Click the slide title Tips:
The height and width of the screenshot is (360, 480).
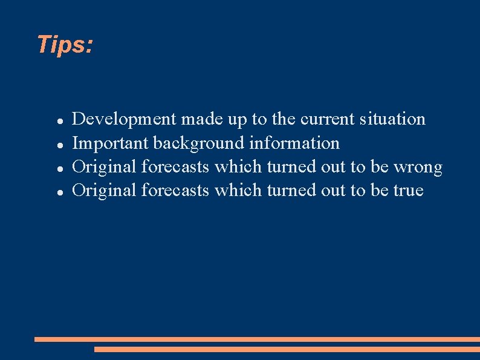coord(65,45)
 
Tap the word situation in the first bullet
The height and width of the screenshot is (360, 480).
coord(392,119)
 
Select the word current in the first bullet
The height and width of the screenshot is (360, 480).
coord(328,119)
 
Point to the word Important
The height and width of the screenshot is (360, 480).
coord(110,143)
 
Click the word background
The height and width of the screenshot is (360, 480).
coord(199,143)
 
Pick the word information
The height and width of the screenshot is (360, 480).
coord(294,143)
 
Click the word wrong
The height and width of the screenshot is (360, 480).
coord(418,167)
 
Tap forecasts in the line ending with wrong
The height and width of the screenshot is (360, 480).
coord(175,167)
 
